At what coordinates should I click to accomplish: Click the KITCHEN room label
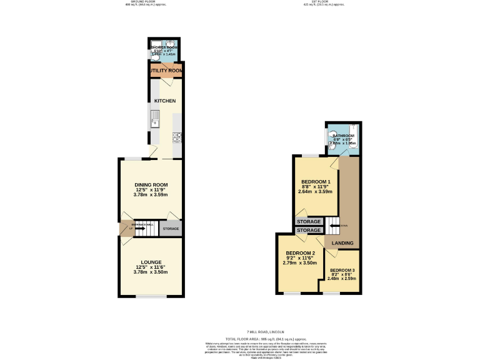point(165,101)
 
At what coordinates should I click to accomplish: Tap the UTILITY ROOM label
point(166,71)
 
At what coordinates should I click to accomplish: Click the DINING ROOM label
point(151,184)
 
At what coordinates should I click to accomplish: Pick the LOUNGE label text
point(151,262)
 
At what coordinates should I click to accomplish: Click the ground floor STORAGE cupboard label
point(171,229)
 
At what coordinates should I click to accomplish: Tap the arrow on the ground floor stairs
point(139,229)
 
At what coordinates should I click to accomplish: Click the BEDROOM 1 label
point(316,182)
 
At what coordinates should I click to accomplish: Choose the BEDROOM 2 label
point(300,253)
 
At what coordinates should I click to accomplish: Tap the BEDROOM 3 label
point(341,271)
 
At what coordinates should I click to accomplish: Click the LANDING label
point(342,243)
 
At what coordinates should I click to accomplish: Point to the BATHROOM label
point(343,136)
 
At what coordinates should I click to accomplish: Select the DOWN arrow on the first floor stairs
point(335,226)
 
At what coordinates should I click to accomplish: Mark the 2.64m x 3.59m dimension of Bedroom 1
point(316,192)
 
